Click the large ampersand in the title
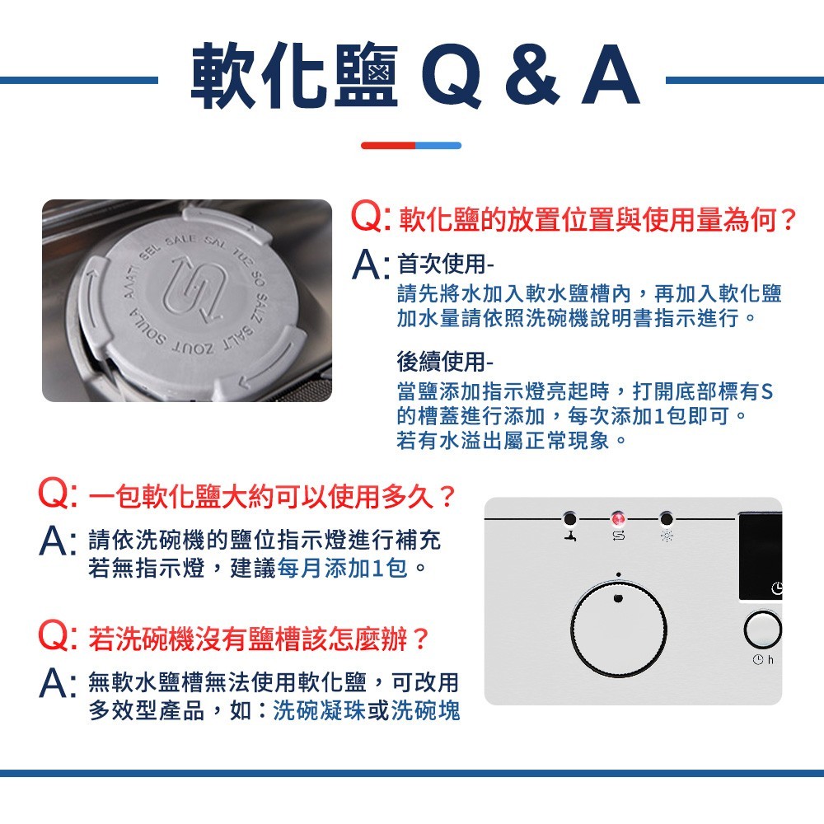[x=531, y=75]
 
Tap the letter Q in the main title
[x=452, y=76]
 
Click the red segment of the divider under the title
[x=388, y=146]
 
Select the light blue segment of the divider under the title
[x=439, y=146]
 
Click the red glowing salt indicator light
[x=619, y=519]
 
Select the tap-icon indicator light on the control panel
[x=569, y=519]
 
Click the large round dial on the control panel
[x=619, y=629]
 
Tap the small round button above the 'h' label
[x=762, y=629]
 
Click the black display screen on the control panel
[x=761, y=556]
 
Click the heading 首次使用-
[x=446, y=264]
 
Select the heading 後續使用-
[x=446, y=361]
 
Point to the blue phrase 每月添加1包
[x=342, y=568]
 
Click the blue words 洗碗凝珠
[x=320, y=710]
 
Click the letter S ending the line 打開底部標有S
[x=766, y=391]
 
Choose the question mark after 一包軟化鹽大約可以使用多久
[x=447, y=497]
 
